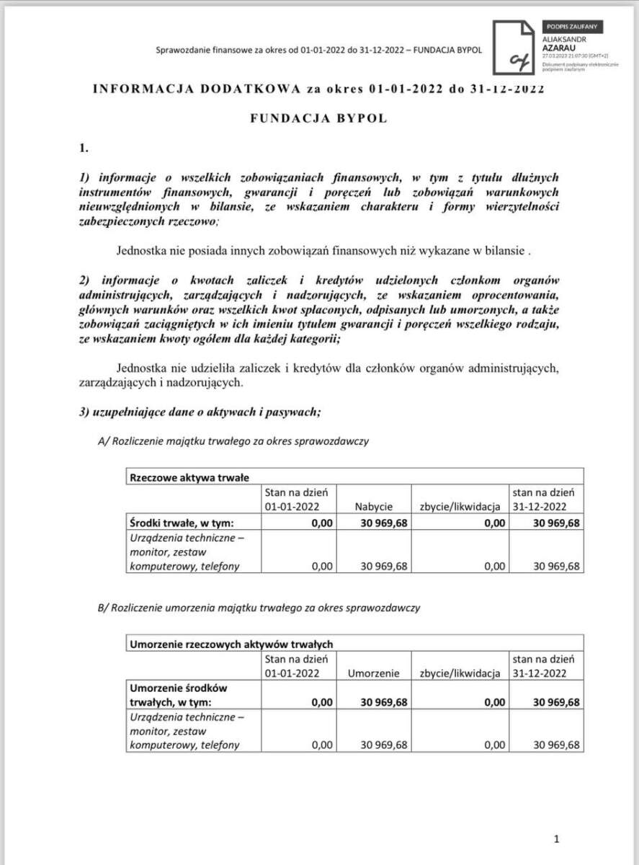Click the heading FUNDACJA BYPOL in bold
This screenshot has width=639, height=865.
point(318,119)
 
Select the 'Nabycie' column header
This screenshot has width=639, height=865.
point(373,506)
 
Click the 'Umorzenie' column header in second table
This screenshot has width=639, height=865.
point(373,673)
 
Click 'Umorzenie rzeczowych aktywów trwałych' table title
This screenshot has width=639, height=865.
point(231,644)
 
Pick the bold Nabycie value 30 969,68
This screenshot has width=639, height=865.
point(383,523)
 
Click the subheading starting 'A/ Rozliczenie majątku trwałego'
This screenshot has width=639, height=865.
point(233,441)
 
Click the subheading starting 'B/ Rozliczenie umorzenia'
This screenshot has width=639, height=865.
point(258,608)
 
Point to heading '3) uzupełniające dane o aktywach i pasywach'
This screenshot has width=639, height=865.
point(200,412)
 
